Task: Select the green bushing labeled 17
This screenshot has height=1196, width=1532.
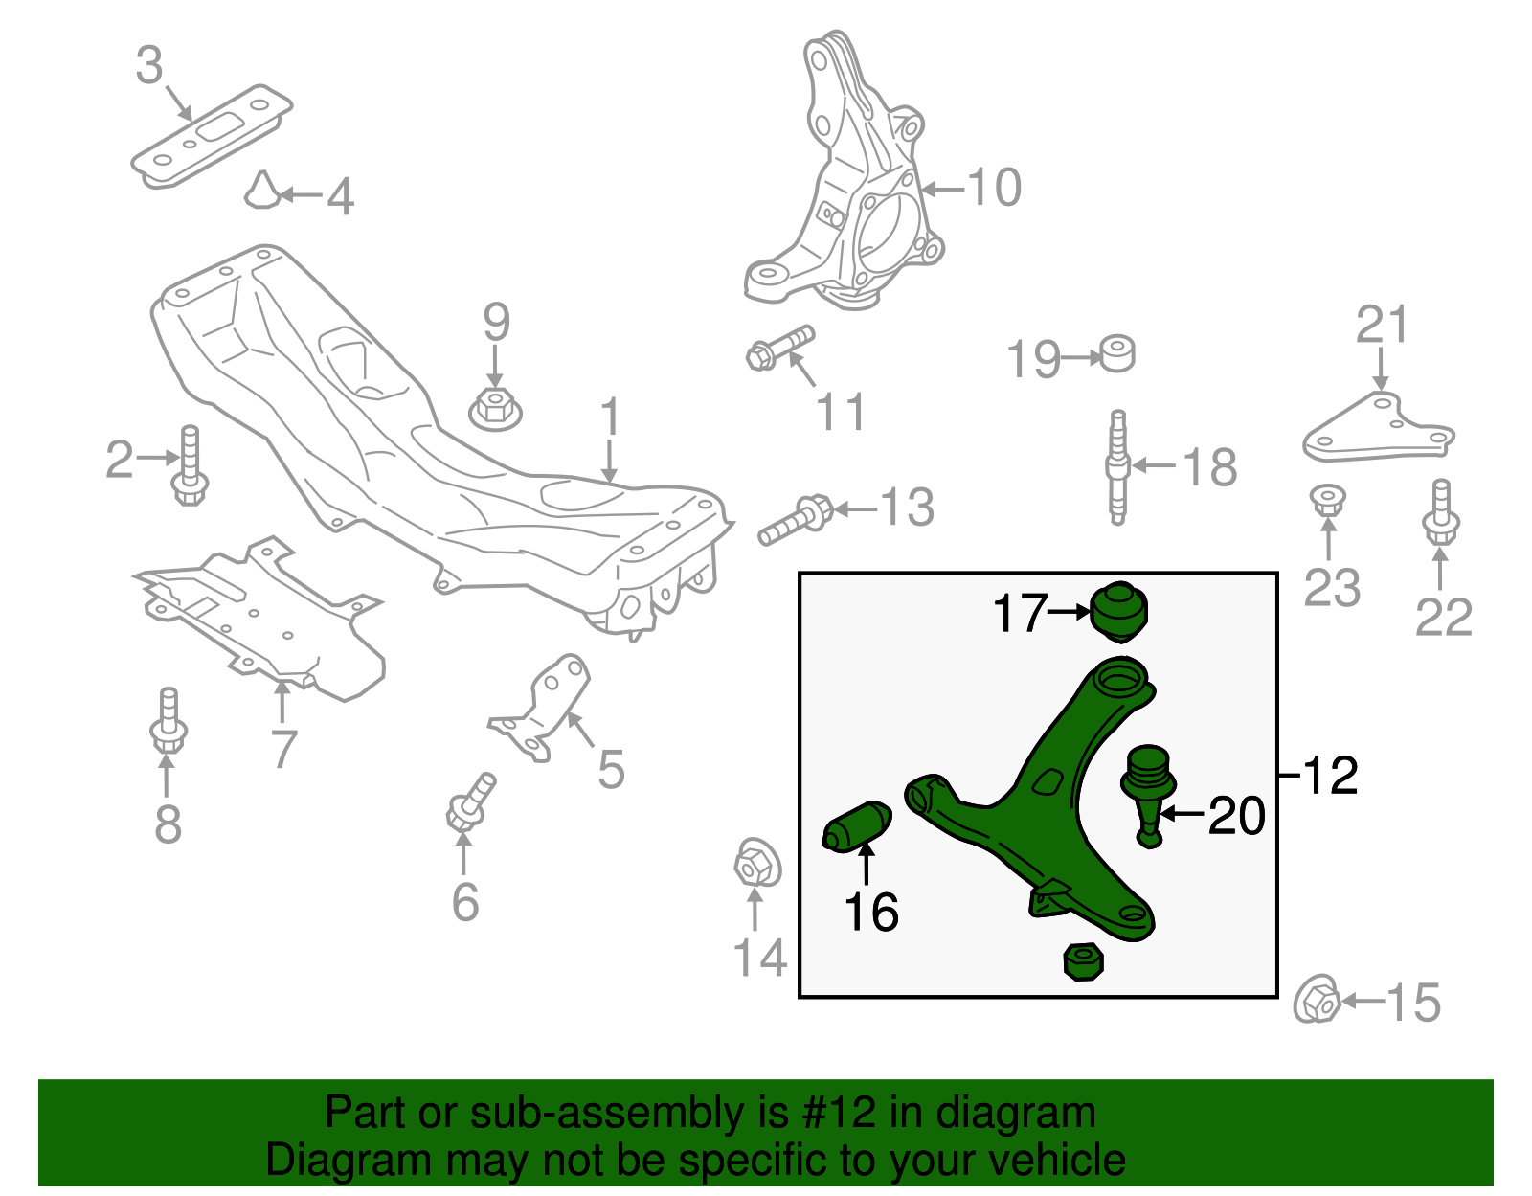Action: (1117, 611)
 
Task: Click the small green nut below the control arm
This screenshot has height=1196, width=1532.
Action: (1083, 960)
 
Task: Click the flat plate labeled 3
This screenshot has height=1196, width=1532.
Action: (212, 135)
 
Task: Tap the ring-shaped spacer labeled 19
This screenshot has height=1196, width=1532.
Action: (1116, 354)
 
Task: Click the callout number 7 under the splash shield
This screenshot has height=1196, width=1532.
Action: (283, 749)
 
